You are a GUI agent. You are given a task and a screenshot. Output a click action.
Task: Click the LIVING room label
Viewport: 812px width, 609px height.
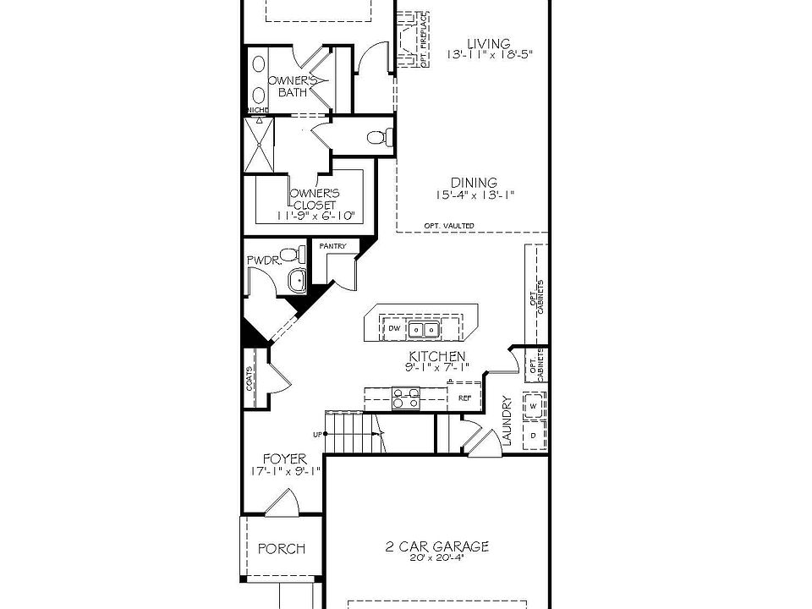click(490, 44)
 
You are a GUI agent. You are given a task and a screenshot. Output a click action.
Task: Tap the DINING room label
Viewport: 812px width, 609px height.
click(474, 183)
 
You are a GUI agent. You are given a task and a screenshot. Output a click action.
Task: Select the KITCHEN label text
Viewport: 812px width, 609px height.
click(436, 357)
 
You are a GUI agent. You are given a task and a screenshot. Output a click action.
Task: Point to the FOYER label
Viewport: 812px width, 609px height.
click(283, 458)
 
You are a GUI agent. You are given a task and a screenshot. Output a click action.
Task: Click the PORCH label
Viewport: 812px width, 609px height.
click(281, 549)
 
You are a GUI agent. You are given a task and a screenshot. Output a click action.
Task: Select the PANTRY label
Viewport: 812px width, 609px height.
click(332, 246)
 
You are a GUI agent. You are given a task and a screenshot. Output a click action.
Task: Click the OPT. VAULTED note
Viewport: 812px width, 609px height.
click(449, 226)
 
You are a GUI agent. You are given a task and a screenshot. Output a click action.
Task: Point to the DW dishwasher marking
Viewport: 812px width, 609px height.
click(394, 328)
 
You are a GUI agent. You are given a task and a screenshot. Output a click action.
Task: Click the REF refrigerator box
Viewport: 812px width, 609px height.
click(464, 397)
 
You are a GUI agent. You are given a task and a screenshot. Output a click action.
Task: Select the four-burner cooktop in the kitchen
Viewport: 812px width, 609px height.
click(405, 398)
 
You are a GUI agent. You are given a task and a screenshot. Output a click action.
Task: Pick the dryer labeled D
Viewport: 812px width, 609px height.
click(535, 434)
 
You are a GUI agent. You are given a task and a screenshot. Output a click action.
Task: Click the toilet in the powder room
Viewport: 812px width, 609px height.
click(293, 254)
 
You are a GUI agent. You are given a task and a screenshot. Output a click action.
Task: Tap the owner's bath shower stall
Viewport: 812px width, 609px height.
click(260, 144)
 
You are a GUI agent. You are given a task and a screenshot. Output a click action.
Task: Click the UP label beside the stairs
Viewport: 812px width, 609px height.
click(318, 435)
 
